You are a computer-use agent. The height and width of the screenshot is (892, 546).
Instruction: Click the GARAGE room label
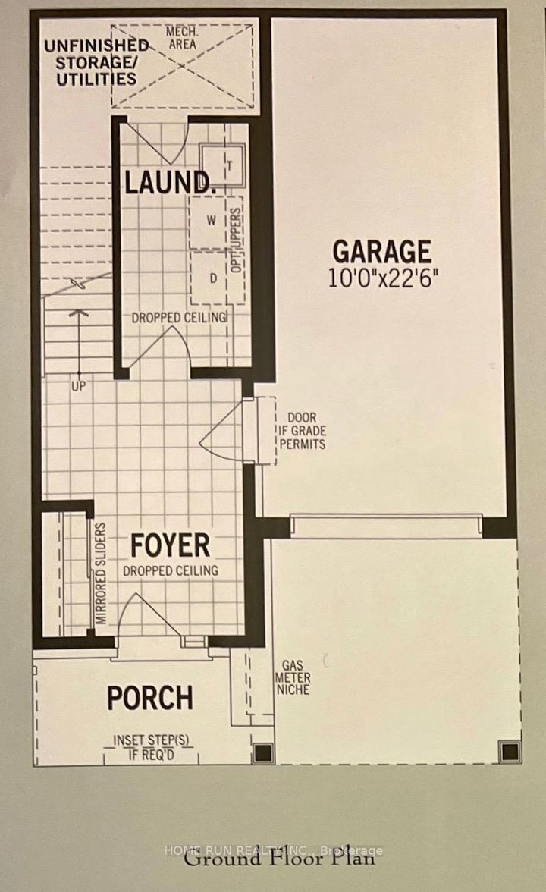click(x=382, y=251)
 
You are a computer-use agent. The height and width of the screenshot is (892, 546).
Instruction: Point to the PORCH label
click(x=149, y=698)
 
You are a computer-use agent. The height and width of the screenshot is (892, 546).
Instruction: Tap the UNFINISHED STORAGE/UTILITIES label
click(x=90, y=62)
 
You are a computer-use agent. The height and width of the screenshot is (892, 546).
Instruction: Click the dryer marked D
click(x=213, y=278)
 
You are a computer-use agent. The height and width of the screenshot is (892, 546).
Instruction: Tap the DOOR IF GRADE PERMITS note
click(x=306, y=431)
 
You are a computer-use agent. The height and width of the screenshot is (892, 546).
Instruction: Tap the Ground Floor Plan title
click(x=279, y=859)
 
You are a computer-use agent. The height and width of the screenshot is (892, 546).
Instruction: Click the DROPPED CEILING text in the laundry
click(x=180, y=317)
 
